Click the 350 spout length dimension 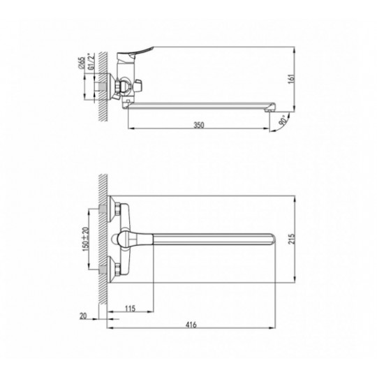pos(199,125)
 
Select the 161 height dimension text pos(291,79)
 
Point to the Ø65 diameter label pos(82,64)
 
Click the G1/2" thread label pos(91,61)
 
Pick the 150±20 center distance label pos(86,239)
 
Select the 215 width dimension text pos(291,239)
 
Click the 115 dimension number pos(130,309)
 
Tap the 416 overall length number pos(191,325)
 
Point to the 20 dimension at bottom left pos(83,316)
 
